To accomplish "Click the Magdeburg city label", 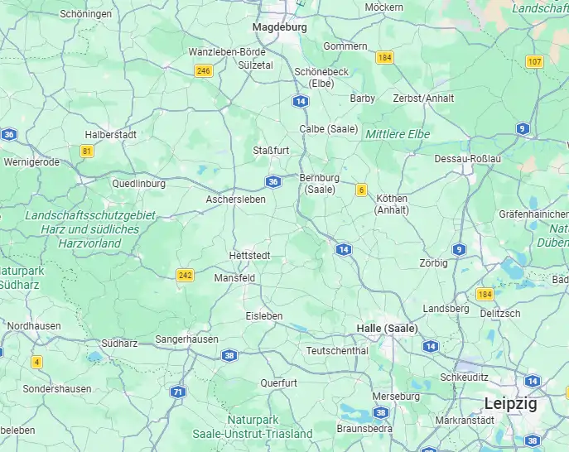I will click(279, 26).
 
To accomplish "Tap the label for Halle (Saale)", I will click(387, 328).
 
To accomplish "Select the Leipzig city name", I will click(510, 404).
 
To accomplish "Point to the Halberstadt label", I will click(110, 134).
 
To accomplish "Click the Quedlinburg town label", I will click(138, 184).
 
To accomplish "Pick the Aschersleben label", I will click(235, 200).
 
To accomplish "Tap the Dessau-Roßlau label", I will click(468, 158).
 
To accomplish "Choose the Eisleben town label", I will click(264, 316).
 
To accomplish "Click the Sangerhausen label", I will click(187, 339).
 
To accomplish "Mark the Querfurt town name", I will click(278, 383).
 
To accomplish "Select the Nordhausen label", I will click(34, 326).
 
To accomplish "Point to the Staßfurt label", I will click(271, 150).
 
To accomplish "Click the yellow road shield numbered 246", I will click(204, 71).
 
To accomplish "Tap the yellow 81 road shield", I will click(87, 151).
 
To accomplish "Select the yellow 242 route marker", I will click(186, 276).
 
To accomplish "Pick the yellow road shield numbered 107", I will click(534, 62).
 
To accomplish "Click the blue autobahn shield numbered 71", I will click(177, 392).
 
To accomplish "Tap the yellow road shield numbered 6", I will click(361, 190).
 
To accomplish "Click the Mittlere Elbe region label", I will click(398, 133).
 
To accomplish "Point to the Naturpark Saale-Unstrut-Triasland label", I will click(253, 426).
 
